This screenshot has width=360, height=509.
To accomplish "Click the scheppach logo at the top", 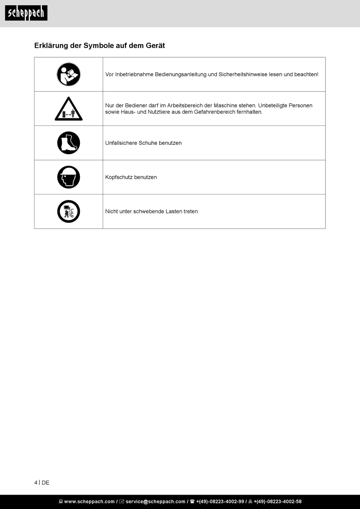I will click(x=26, y=13).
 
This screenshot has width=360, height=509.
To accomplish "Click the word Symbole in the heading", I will click(x=97, y=45).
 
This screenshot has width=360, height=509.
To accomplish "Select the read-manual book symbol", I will click(x=69, y=74).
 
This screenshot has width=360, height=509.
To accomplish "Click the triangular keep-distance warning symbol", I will click(x=69, y=110).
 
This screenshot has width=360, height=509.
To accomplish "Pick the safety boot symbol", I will click(x=69, y=143).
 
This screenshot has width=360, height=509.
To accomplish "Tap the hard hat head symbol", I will click(x=69, y=177).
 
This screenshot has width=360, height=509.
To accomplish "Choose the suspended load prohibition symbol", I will click(x=69, y=211).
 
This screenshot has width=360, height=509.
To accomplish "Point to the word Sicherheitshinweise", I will click(x=243, y=75).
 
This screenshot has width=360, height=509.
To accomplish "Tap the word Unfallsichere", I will click(x=121, y=143).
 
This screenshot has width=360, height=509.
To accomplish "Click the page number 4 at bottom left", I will click(x=36, y=482).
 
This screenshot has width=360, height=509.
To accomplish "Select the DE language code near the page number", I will click(x=45, y=482).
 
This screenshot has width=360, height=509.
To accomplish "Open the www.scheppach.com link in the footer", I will click(x=89, y=501).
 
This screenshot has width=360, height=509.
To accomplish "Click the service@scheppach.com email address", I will click(x=155, y=501).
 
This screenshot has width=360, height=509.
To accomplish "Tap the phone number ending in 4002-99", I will click(x=220, y=501).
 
